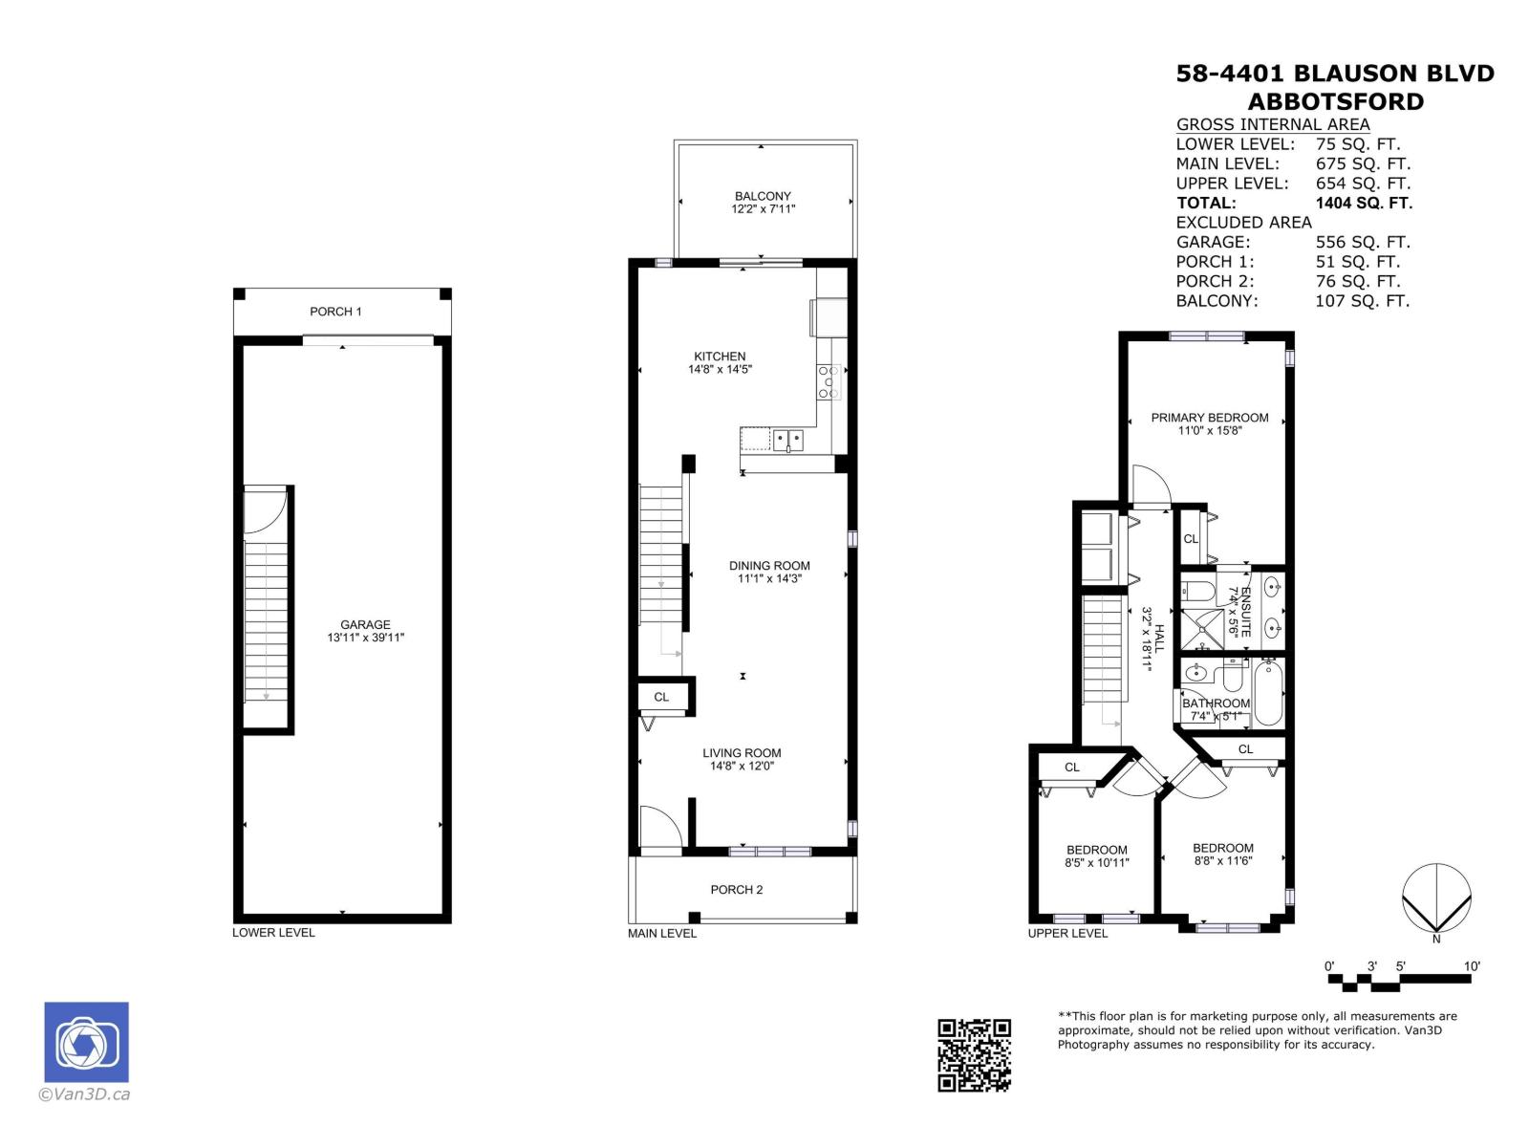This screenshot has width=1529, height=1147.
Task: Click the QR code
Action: (974, 1054)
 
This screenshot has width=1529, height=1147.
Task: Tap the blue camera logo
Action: (86, 1042)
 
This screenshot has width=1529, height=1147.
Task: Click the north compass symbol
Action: (1436, 898)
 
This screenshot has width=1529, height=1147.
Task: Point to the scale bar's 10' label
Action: (1472, 966)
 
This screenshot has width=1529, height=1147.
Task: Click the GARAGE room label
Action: (365, 625)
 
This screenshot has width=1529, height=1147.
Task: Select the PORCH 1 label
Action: (335, 312)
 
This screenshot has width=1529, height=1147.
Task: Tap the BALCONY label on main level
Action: (763, 196)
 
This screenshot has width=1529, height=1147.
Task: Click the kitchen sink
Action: (788, 440)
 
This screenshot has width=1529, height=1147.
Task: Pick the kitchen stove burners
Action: (829, 381)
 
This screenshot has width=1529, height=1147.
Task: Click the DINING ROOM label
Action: (769, 566)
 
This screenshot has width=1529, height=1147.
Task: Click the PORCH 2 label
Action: (737, 890)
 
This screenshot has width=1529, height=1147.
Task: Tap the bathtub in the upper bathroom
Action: (1269, 693)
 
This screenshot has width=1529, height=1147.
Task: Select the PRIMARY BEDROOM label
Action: (1210, 418)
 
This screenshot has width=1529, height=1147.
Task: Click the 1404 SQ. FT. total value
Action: (1364, 203)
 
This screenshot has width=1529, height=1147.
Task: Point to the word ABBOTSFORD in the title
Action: (1336, 101)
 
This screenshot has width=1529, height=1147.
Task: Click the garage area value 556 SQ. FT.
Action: (1363, 242)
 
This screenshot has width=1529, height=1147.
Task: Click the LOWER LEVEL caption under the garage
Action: (273, 933)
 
